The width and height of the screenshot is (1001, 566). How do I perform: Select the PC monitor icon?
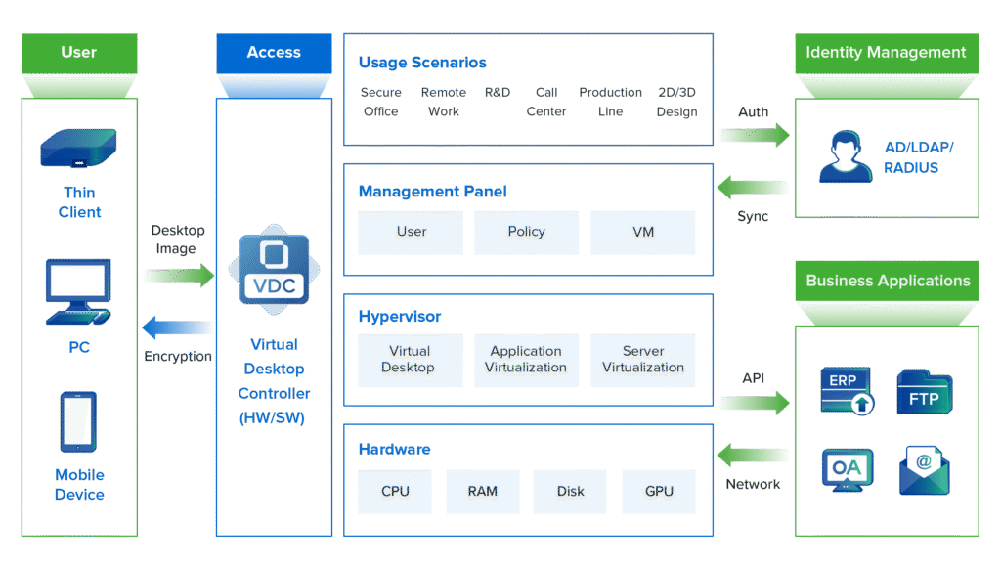79,291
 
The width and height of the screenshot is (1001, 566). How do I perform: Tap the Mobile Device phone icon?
78,421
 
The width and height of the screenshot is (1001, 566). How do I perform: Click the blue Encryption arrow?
177,327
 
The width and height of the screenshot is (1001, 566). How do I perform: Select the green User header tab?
78,53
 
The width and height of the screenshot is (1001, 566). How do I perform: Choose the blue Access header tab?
274,53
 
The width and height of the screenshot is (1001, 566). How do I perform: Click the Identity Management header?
886,53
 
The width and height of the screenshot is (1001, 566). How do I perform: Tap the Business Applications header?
887,281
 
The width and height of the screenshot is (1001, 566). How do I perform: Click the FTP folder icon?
924,392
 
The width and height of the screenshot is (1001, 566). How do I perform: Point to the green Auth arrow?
755,136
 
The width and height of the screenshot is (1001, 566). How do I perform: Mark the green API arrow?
755,401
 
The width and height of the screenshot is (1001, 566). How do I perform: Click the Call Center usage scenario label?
546,102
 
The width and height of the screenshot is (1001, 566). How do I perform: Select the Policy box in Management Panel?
527,234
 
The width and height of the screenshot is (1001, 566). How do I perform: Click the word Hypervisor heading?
400,317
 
